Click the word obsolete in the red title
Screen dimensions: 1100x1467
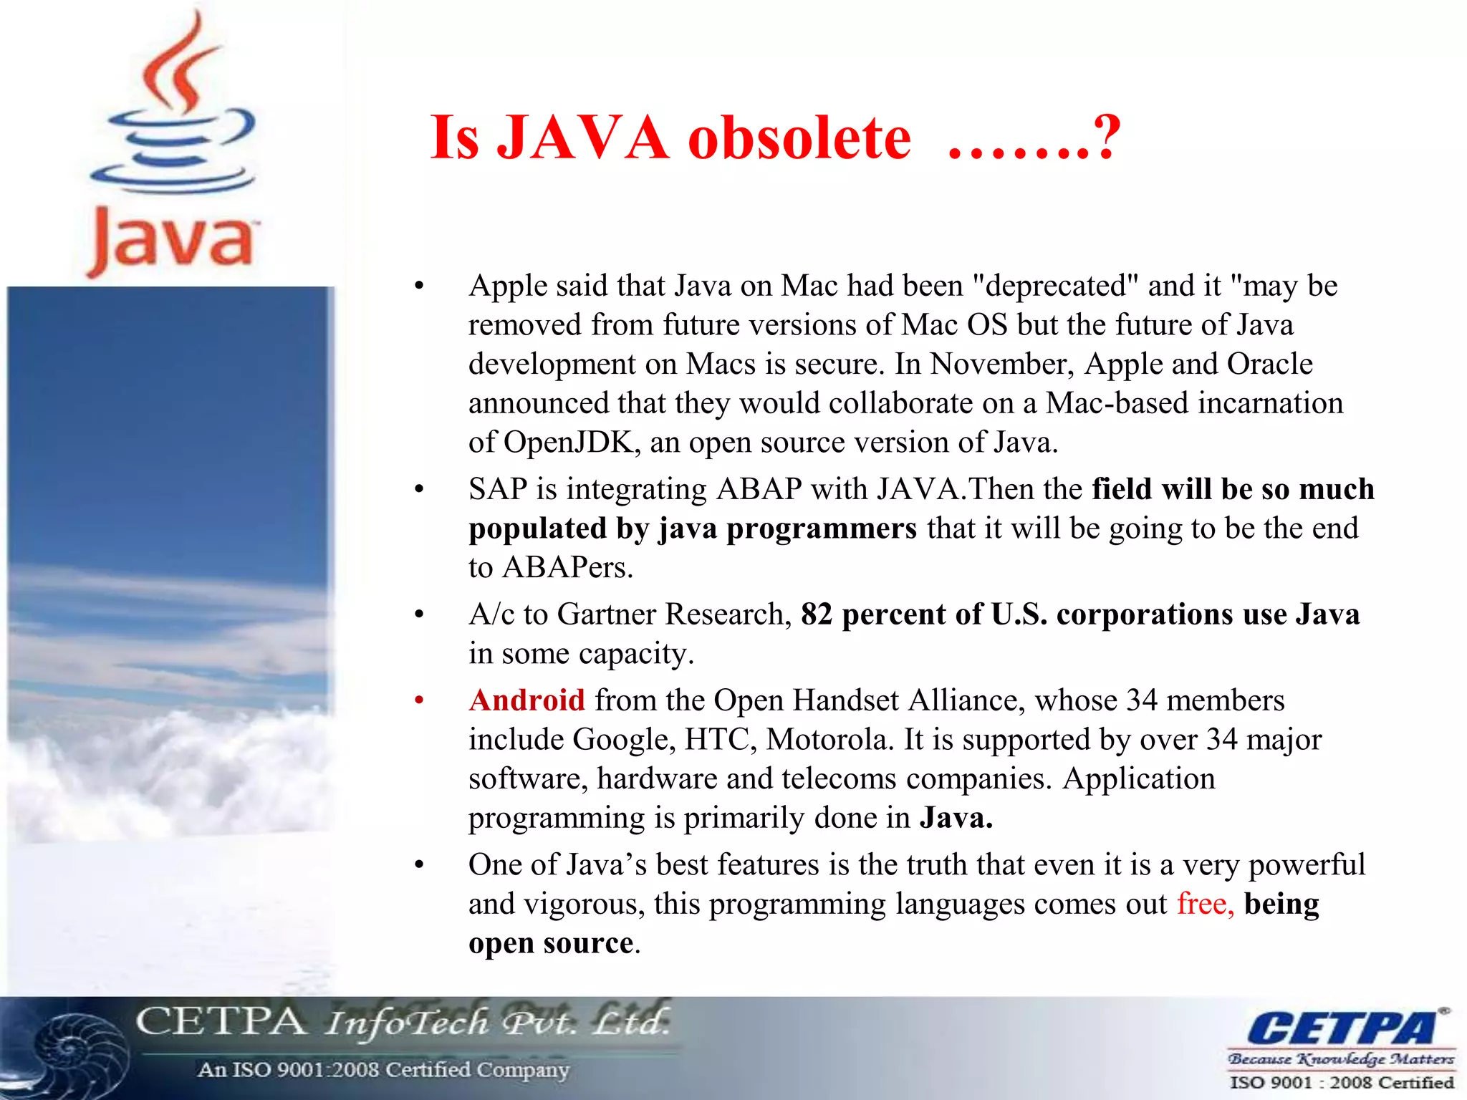click(x=799, y=137)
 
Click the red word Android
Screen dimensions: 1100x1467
click(x=526, y=700)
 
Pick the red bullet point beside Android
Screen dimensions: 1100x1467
click(x=420, y=700)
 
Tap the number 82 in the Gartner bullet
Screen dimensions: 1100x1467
click(x=817, y=614)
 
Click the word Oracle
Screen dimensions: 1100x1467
click(x=1269, y=364)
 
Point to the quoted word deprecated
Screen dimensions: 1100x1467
click(x=1055, y=286)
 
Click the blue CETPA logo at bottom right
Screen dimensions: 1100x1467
click(x=1342, y=1028)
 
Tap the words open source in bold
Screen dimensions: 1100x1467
click(x=551, y=943)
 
